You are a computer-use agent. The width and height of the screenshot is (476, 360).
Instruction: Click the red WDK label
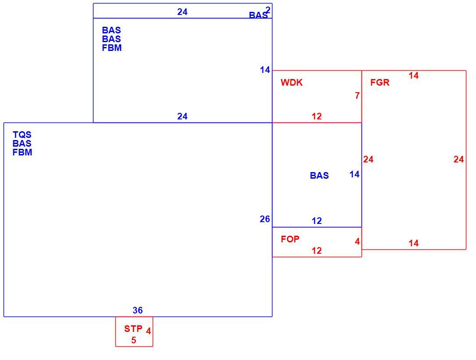(x=291, y=83)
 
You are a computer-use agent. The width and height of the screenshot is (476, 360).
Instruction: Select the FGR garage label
(x=380, y=83)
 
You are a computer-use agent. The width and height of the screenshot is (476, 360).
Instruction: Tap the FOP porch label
(x=290, y=239)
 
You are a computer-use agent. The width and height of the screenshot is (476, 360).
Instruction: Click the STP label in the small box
(x=133, y=329)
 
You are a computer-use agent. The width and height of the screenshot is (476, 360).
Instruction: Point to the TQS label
(x=22, y=135)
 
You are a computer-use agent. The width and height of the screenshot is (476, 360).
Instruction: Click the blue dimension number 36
(x=137, y=310)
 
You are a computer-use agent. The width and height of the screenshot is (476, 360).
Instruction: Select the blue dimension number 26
(x=265, y=219)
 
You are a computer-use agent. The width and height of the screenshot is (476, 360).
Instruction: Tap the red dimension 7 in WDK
(x=357, y=96)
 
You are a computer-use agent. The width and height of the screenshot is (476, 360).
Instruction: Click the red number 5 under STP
(x=133, y=340)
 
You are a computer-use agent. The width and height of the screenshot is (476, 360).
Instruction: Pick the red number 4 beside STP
(x=148, y=331)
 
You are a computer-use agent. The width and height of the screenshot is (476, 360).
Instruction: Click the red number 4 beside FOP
(x=357, y=241)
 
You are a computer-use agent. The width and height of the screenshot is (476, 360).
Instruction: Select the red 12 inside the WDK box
(x=317, y=116)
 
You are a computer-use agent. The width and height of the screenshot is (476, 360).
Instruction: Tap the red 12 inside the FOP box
(x=317, y=251)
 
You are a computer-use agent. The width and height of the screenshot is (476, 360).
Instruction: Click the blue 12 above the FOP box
(x=317, y=221)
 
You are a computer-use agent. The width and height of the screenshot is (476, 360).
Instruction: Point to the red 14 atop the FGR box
(x=413, y=76)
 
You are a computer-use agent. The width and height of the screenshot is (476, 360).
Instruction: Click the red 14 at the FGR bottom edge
(x=413, y=243)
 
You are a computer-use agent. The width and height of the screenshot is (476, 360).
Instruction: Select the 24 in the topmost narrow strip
(x=183, y=12)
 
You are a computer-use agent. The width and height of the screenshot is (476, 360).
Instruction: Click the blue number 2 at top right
(x=268, y=10)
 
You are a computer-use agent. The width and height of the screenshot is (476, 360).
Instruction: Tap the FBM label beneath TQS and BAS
(x=22, y=152)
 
